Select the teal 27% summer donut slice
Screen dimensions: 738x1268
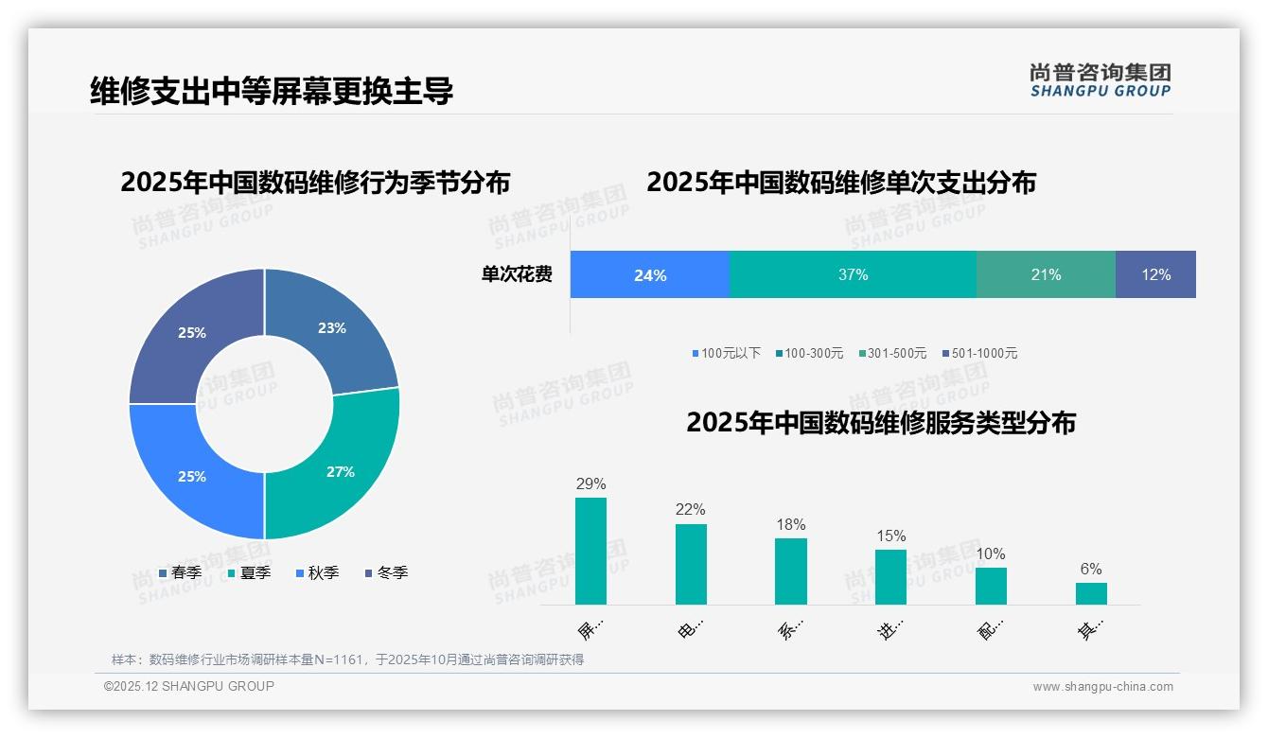[x=340, y=471]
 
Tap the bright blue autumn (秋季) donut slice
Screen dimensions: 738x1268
[x=192, y=476]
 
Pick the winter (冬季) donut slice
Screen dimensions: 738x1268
[x=192, y=333]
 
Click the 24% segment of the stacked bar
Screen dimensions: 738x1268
[x=650, y=275]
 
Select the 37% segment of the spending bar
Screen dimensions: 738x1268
[x=853, y=275]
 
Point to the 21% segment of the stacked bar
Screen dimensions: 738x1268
[x=1046, y=275]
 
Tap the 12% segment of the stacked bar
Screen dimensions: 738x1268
[x=1155, y=275]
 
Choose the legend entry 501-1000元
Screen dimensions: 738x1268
[x=980, y=354]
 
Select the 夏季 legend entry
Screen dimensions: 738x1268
[x=250, y=573]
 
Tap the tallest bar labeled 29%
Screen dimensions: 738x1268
[x=590, y=551]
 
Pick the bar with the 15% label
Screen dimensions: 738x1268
[x=890, y=577]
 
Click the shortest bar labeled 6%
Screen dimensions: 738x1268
[x=1091, y=593]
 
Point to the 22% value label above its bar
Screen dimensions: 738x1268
[x=691, y=510]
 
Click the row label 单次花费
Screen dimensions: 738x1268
[x=517, y=275]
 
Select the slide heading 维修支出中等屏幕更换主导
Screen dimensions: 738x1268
[x=272, y=91]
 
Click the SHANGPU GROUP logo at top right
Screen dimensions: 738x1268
[x=1100, y=80]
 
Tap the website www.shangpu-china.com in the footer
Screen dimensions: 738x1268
[x=1102, y=687]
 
